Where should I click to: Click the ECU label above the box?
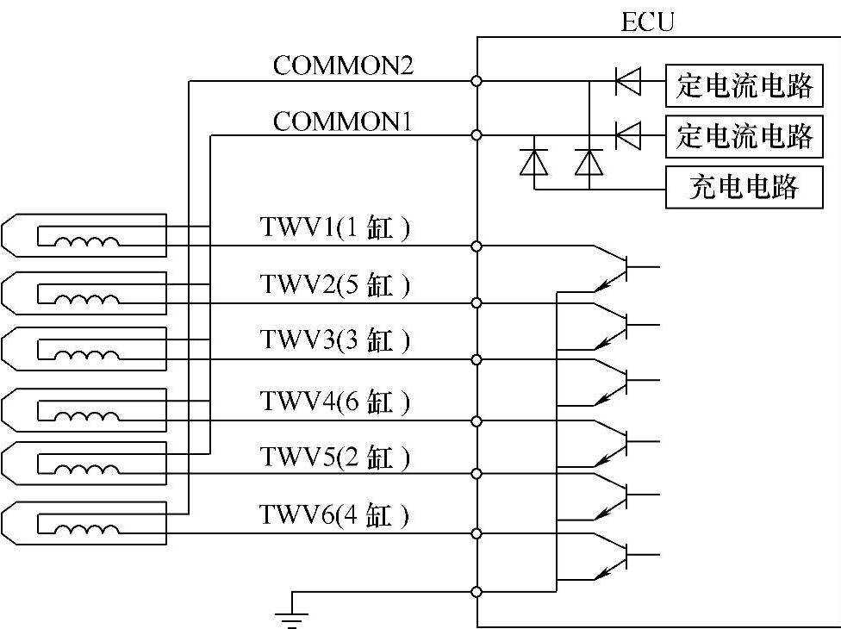pyautogui.click(x=647, y=21)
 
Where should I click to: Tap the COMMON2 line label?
pyautogui.click(x=343, y=65)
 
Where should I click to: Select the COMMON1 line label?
pyautogui.click(x=343, y=121)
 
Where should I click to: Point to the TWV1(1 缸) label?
pyautogui.click(x=334, y=228)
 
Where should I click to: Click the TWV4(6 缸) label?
pyautogui.click(x=334, y=402)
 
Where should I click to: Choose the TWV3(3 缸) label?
pyautogui.click(x=334, y=341)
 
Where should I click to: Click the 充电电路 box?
pyautogui.click(x=743, y=187)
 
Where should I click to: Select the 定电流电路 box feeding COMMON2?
pyautogui.click(x=743, y=85)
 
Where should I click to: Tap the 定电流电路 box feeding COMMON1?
pyautogui.click(x=743, y=135)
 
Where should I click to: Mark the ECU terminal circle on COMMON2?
pyautogui.click(x=477, y=81)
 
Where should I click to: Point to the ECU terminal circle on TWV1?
pyautogui.click(x=477, y=246)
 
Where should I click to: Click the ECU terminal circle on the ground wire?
pyautogui.click(x=477, y=592)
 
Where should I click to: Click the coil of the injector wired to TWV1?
pyautogui.click(x=87, y=244)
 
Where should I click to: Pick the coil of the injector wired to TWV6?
pyautogui.click(x=87, y=528)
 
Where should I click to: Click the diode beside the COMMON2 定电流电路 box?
pyautogui.click(x=627, y=82)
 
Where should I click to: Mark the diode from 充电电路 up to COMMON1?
pyautogui.click(x=534, y=161)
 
